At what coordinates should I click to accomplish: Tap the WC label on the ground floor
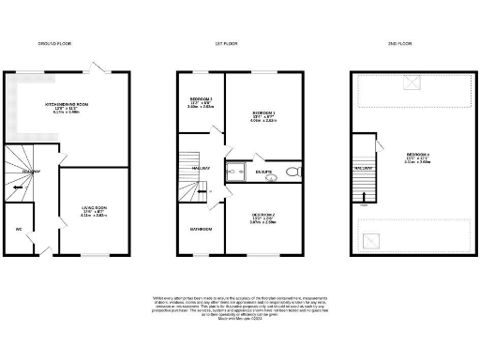click(x=18, y=230)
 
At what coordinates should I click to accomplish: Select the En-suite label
click(x=263, y=172)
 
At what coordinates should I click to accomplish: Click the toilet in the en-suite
click(x=292, y=172)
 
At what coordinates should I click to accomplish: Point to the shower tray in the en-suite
click(x=232, y=172)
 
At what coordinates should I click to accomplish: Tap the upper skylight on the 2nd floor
click(x=411, y=83)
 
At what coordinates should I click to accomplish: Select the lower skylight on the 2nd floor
click(x=375, y=238)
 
